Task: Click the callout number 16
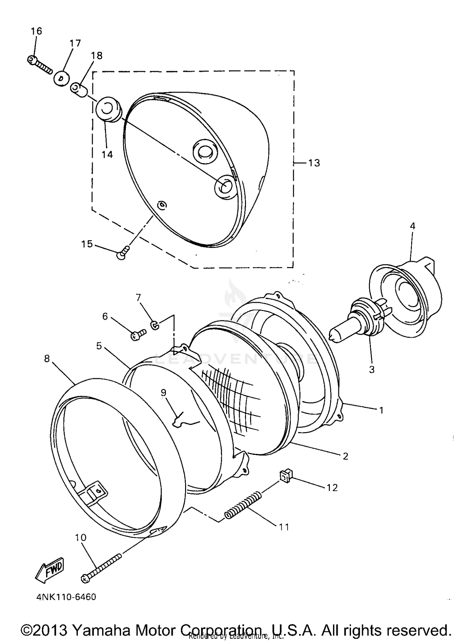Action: click(36, 31)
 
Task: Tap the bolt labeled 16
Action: click(39, 65)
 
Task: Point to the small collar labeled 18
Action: click(79, 89)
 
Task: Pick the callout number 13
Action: click(314, 163)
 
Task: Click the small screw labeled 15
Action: click(123, 252)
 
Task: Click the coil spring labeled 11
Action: click(243, 504)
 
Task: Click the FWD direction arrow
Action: click(50, 571)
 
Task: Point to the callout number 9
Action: click(163, 392)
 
